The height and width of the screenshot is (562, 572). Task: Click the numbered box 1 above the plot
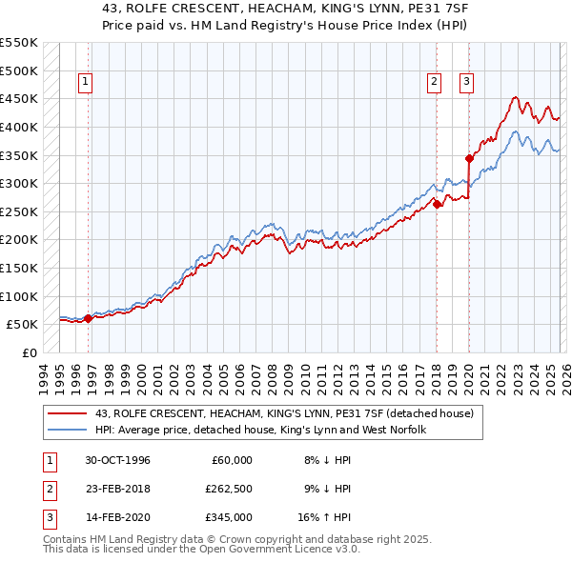(85, 82)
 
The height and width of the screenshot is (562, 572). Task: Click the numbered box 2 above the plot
(434, 82)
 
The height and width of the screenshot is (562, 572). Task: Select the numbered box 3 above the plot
(467, 82)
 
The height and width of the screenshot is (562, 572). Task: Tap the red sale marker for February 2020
(469, 158)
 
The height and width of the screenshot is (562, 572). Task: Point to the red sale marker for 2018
(437, 204)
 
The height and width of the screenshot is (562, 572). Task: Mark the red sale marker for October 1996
(89, 318)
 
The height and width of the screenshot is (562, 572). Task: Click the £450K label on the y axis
(19, 98)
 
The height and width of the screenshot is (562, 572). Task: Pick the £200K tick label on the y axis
(19, 239)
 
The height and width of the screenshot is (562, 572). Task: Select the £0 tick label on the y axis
(30, 352)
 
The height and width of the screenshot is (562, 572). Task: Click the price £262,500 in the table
(229, 489)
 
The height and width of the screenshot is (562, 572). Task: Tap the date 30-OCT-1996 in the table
(117, 460)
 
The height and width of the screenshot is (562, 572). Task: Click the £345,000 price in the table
(229, 517)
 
